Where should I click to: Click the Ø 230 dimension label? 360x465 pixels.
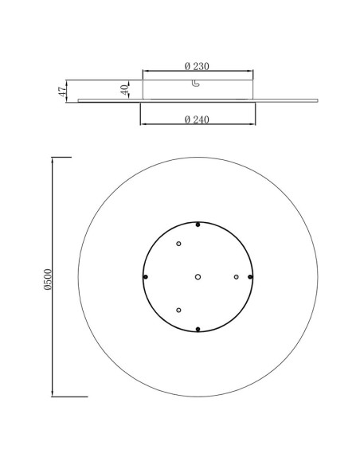[x=197, y=66]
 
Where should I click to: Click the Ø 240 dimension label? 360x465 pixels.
[x=197, y=119]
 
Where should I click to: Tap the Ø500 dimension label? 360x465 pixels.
[x=48, y=279]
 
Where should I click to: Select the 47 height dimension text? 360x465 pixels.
[x=63, y=92]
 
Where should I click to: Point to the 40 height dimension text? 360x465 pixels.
[x=125, y=89]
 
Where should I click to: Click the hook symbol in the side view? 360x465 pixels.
[x=195, y=84]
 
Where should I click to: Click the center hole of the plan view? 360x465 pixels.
[x=198, y=277]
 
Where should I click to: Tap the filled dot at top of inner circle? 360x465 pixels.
[x=198, y=225]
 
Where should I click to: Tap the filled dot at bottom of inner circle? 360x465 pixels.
[x=198, y=329]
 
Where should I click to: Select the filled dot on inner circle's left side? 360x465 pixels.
[x=145, y=277]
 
